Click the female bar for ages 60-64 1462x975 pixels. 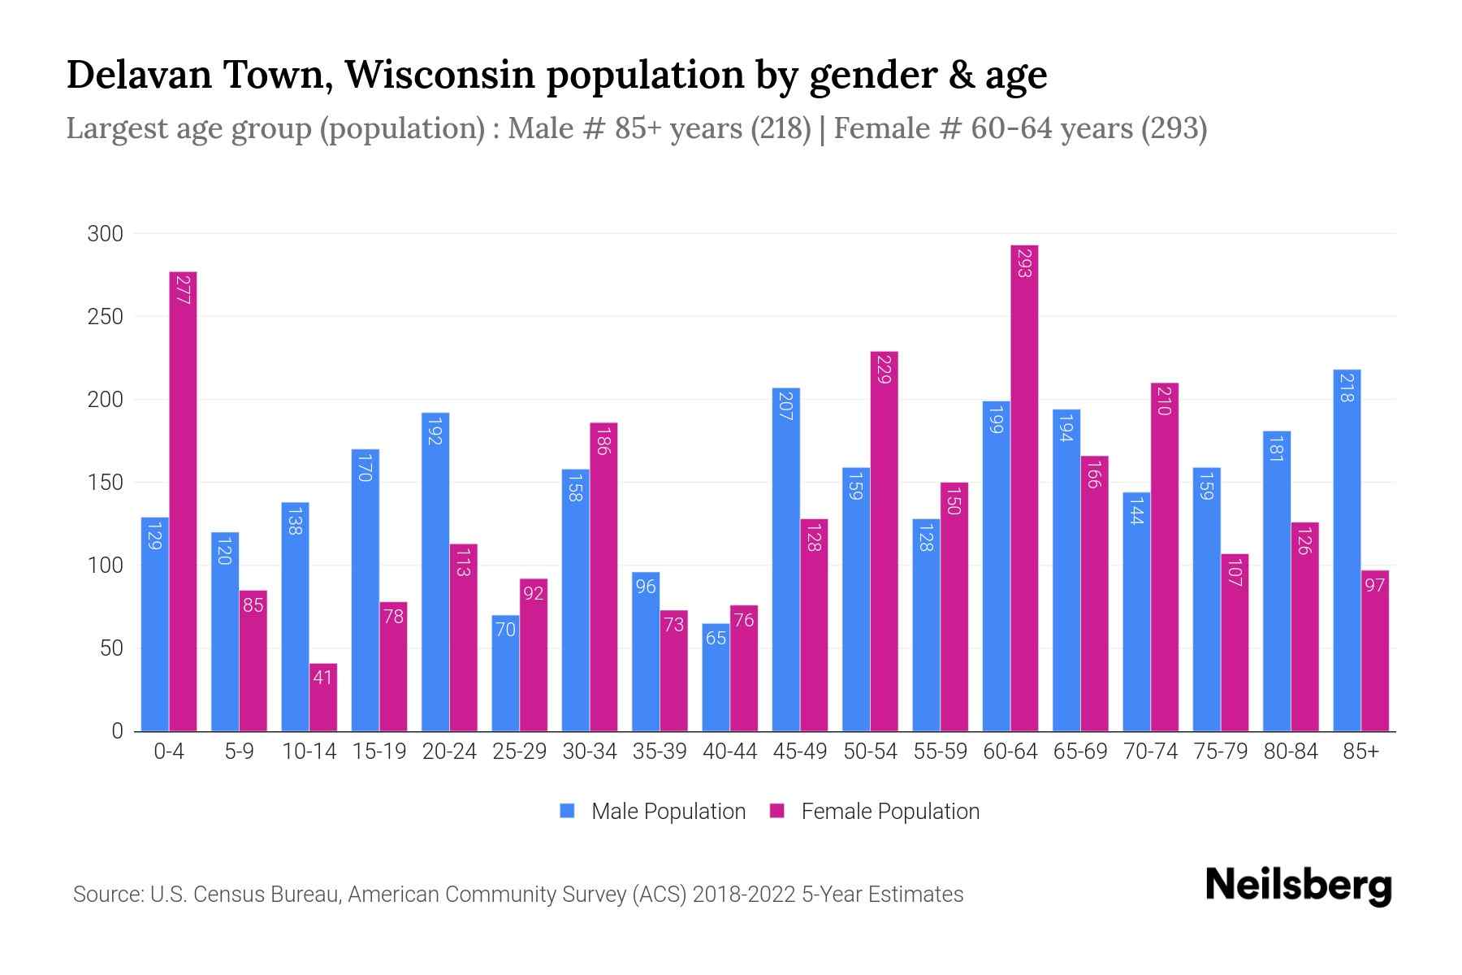1024,487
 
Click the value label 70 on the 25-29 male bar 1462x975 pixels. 505,629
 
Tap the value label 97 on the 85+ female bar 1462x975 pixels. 1374,585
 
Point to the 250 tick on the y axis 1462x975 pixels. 106,317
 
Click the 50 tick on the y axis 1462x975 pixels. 110,648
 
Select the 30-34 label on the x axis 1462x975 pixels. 590,752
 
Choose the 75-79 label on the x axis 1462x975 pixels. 1221,752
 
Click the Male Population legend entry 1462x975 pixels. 668,812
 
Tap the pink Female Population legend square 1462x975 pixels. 777,811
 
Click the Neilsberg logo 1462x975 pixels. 1298,885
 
